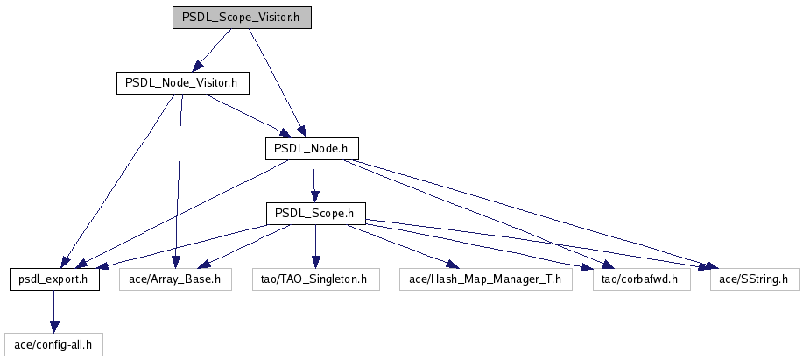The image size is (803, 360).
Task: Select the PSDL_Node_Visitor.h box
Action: (182, 83)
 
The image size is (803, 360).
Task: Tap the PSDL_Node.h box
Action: (312, 148)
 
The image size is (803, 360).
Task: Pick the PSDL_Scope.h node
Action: (314, 213)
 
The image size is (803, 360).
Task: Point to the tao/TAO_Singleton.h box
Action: (315, 279)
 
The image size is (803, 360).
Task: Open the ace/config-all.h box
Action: (53, 344)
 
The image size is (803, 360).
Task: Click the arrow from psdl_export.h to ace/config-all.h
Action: (53, 312)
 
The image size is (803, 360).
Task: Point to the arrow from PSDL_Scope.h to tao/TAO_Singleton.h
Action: (315, 246)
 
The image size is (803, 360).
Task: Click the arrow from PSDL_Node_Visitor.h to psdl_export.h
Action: (123, 180)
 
